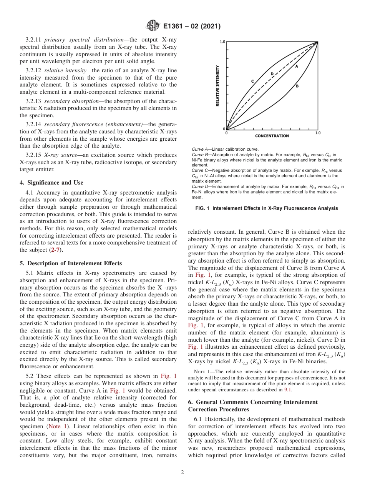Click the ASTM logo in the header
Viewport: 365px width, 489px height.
tap(153, 27)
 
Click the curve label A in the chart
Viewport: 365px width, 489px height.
tap(297, 66)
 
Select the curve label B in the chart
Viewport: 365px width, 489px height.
tap(297, 86)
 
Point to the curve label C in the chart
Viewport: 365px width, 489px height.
tap(252, 81)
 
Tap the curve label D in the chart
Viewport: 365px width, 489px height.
tap(272, 73)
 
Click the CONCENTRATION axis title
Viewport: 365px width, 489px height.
tap(272, 136)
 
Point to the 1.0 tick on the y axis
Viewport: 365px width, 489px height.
tap(222, 42)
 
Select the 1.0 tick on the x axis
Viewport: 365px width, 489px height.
tap(318, 133)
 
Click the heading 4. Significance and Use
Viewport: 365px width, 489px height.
tap(51, 183)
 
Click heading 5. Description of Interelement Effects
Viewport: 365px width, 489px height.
tap(71, 263)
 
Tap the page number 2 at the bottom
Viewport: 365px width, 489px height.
tap(182, 472)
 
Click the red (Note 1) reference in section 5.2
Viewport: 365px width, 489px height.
tap(58, 426)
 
